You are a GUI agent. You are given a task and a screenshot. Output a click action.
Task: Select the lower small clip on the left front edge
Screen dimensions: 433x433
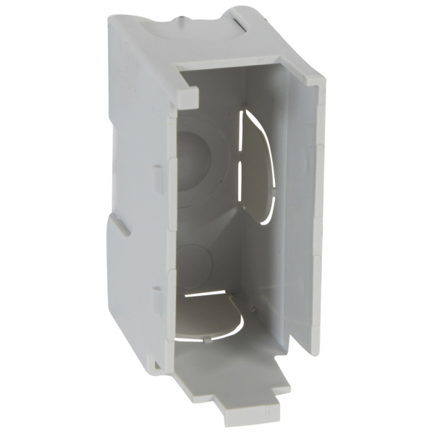click(x=157, y=297)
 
